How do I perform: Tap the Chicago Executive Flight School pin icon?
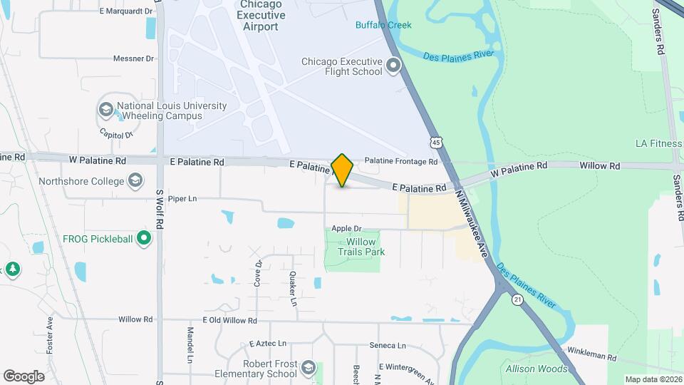click(393, 67)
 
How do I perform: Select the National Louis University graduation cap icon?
click(106, 110)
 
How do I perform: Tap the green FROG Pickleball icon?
click(145, 238)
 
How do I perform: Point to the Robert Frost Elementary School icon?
click(309, 368)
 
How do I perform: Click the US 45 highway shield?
click(435, 142)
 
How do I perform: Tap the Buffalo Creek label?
click(383, 26)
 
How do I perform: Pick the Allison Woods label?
click(537, 369)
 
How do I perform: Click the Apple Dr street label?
click(346, 229)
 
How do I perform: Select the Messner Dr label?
click(134, 58)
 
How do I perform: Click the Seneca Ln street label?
click(388, 346)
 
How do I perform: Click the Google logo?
click(24, 376)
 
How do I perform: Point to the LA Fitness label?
click(658, 143)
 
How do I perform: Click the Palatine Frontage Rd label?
click(400, 162)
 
